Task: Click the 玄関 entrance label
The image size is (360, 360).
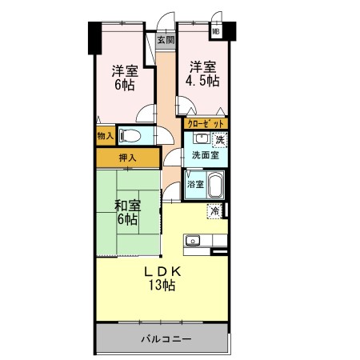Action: point(165,39)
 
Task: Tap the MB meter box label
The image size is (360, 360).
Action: point(216,31)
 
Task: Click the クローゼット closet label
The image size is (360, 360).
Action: point(205,124)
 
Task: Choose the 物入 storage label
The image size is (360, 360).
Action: point(105,136)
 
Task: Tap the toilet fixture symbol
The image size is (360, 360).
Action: point(130,135)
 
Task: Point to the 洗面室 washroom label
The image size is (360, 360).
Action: point(206,155)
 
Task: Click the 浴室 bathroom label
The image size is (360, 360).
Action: point(194,185)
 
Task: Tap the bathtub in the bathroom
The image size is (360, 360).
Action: point(215,186)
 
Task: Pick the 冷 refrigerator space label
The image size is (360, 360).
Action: point(215,211)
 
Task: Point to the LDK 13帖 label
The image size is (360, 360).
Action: point(162,278)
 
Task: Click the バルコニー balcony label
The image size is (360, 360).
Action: point(166,339)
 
